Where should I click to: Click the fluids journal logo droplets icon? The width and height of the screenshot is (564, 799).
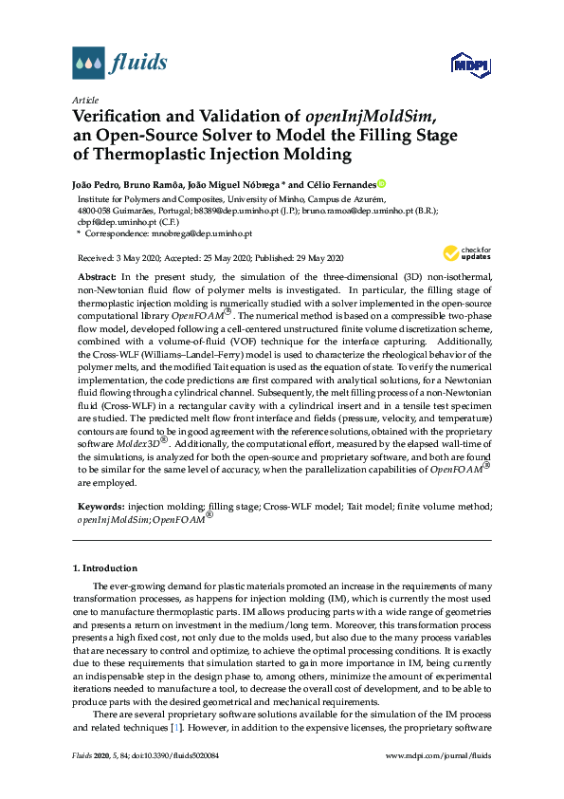pos(88,64)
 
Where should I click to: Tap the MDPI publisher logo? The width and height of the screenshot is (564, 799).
pos(469,65)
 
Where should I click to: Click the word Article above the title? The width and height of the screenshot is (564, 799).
pos(86,100)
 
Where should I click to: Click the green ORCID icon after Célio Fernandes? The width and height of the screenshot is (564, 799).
pos(381,184)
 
